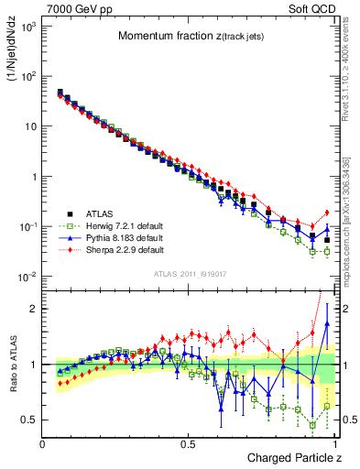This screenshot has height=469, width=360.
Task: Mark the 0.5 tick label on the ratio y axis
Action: (x=30, y=420)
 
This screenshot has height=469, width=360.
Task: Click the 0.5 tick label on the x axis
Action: (x=188, y=443)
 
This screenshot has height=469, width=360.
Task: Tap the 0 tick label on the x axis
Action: (x=43, y=443)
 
